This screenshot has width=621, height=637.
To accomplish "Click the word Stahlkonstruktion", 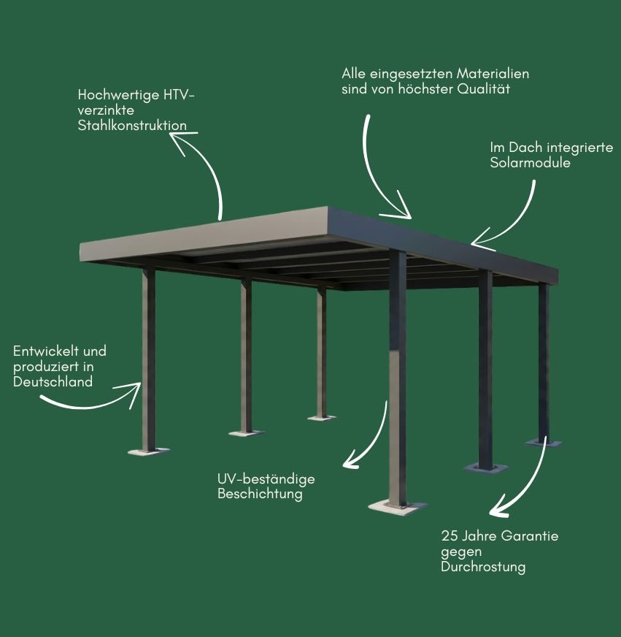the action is (x=132, y=125).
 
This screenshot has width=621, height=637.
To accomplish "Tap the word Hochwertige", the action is (x=118, y=96).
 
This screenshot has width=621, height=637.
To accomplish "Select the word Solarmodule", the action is (x=530, y=162).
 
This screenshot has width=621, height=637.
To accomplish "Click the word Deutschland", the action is (x=53, y=382).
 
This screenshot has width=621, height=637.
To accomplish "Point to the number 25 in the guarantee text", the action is (x=450, y=536).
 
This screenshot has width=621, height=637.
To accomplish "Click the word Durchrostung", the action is (x=483, y=567).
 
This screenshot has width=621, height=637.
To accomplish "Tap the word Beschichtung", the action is (x=260, y=494).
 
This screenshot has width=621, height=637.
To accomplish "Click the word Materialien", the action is (x=493, y=74).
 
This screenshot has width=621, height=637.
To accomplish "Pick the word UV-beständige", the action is (x=266, y=479).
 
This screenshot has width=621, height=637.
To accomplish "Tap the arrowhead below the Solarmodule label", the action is (x=483, y=240).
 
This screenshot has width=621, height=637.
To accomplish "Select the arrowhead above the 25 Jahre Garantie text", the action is (x=498, y=508).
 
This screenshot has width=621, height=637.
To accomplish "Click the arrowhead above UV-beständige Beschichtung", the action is (x=352, y=460).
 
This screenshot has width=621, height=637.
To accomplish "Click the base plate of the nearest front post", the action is (x=397, y=508).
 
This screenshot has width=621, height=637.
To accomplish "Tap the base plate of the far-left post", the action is (x=149, y=451).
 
